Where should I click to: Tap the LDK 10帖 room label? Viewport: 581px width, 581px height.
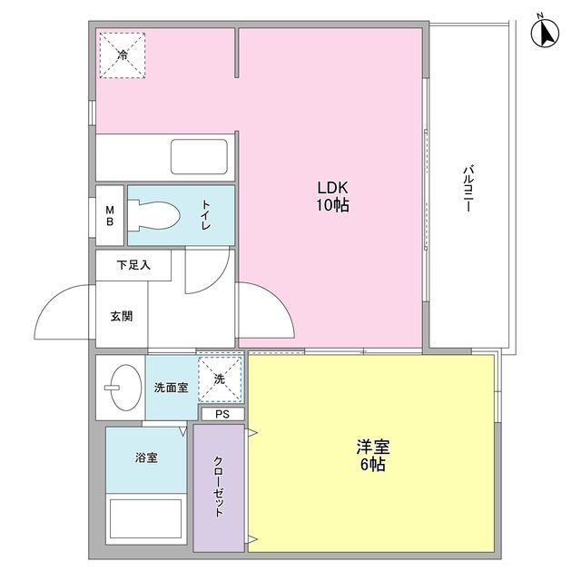click(333, 196)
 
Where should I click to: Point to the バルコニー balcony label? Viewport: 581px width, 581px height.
click(468, 189)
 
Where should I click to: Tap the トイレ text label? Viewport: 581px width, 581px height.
click(206, 215)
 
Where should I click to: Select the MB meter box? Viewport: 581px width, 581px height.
click(110, 215)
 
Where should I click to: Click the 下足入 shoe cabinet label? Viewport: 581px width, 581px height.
click(133, 266)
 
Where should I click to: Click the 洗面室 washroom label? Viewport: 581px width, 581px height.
click(170, 388)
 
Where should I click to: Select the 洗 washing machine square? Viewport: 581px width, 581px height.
click(221, 378)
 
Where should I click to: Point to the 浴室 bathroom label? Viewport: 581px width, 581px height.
click(147, 457)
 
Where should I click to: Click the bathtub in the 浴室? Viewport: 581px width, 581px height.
click(147, 522)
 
